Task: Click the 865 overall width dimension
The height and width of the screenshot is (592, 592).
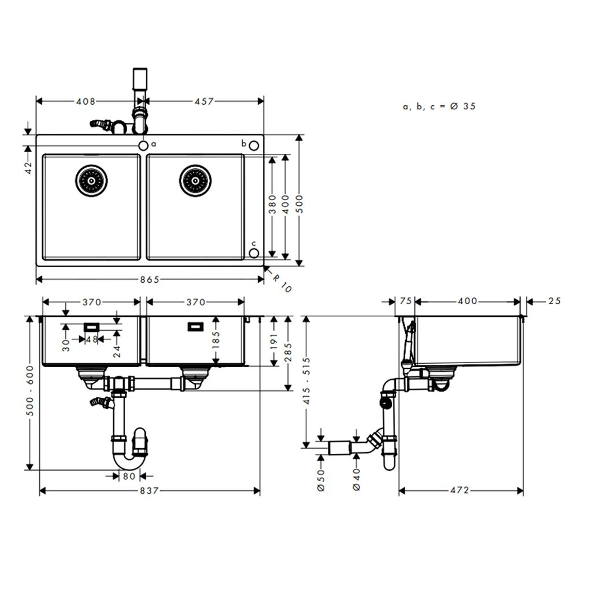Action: (x=149, y=280)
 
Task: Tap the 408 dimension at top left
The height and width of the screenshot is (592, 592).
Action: (x=85, y=101)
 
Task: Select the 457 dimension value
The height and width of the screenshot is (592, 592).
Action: (x=204, y=101)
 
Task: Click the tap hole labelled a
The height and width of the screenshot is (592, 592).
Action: (x=143, y=145)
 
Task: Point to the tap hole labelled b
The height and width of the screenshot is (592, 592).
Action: (x=253, y=145)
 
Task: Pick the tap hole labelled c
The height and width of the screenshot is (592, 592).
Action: (x=253, y=253)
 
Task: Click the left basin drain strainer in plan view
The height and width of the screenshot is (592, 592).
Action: (x=91, y=180)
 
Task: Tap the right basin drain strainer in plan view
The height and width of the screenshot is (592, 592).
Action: (x=194, y=180)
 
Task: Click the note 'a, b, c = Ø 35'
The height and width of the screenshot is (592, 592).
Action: (x=439, y=106)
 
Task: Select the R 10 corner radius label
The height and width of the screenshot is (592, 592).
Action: (x=282, y=283)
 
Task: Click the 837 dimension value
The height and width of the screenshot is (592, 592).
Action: (x=149, y=491)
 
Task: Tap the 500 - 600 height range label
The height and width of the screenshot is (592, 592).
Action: (x=30, y=393)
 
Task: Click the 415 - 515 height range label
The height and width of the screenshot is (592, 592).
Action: (x=306, y=382)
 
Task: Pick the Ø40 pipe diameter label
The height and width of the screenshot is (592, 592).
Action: (x=356, y=480)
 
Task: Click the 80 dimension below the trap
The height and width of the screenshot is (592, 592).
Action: (x=128, y=476)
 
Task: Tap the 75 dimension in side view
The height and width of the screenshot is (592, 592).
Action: (x=405, y=301)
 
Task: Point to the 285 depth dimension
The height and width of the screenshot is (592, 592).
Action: (x=289, y=354)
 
